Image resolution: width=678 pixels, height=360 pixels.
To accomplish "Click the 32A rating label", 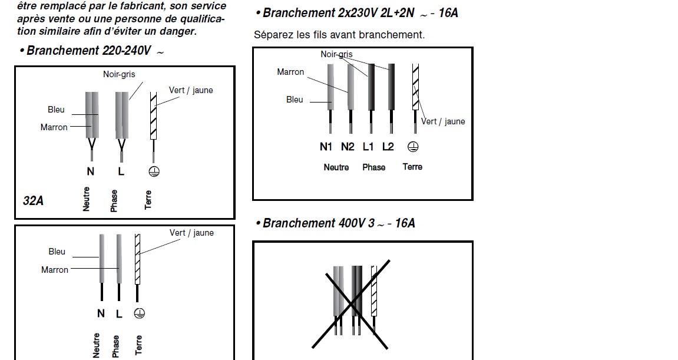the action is point(34,200).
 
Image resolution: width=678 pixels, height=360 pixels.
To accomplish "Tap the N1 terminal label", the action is point(326,147).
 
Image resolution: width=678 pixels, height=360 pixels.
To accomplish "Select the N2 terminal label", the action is point(348,147).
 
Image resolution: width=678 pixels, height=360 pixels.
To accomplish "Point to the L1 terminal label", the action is point(369,147).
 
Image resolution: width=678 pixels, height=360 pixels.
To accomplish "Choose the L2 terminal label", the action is point(388,147).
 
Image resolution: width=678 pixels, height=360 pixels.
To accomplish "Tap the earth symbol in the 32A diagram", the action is point(154,171).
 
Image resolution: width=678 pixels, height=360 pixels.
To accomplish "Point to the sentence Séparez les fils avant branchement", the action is point(339,35).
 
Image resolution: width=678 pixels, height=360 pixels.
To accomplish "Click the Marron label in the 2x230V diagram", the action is point(290,72).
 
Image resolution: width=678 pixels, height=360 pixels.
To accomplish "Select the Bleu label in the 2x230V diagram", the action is point(295,100).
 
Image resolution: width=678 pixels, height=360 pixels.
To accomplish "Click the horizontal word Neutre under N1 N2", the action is point(336,167).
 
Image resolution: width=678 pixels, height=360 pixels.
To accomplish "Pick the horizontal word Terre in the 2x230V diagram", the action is point(412,167).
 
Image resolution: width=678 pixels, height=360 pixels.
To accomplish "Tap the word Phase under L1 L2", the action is point(373,167).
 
